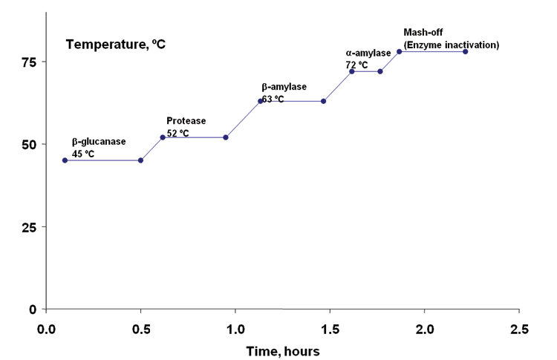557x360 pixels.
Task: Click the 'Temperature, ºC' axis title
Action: (x=115, y=44)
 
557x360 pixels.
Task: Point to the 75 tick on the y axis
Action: (x=28, y=62)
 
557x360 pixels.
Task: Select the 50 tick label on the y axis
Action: (x=28, y=144)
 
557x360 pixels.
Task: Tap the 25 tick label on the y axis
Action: (x=28, y=226)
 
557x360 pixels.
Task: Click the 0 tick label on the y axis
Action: (x=33, y=309)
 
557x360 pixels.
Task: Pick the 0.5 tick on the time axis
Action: (x=141, y=327)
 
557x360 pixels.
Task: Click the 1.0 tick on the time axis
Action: (x=235, y=327)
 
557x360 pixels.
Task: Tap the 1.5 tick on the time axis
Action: (x=330, y=327)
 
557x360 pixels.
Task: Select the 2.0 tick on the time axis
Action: (x=425, y=327)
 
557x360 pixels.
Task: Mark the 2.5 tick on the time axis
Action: (x=519, y=327)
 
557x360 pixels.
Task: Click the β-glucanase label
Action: (x=99, y=142)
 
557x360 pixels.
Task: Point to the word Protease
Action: (x=186, y=121)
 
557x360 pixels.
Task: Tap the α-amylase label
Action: (x=368, y=53)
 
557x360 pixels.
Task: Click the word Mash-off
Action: (x=422, y=33)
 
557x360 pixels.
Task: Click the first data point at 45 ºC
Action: (x=65, y=160)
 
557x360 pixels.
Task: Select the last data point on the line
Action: (x=466, y=51)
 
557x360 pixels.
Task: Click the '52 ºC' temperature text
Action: (x=177, y=133)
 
